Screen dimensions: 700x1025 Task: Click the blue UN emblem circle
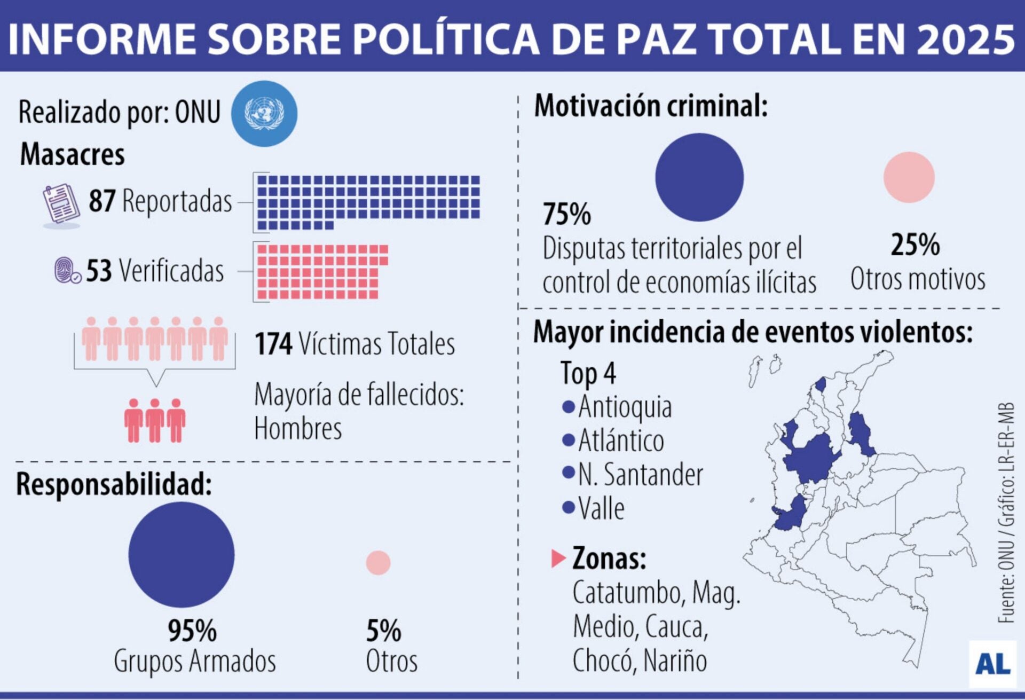pyautogui.click(x=264, y=113)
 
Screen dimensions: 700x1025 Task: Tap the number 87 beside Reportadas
pyautogui.click(x=101, y=201)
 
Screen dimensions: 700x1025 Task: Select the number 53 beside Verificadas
pyautogui.click(x=99, y=271)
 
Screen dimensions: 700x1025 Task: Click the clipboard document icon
pyautogui.click(x=61, y=204)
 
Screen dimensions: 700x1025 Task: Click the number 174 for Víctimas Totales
pyautogui.click(x=273, y=344)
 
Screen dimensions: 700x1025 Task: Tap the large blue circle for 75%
pyautogui.click(x=699, y=177)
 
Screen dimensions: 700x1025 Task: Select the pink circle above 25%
pyautogui.click(x=909, y=177)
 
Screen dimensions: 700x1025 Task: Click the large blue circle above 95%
pyautogui.click(x=182, y=554)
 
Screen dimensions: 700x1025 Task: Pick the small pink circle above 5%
pyautogui.click(x=378, y=563)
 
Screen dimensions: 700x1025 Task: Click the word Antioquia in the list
pyautogui.click(x=625, y=407)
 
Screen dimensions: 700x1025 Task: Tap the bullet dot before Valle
pyautogui.click(x=568, y=507)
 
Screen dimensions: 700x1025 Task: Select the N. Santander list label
pyautogui.click(x=640, y=475)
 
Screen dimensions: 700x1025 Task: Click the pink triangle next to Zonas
pyautogui.click(x=557, y=559)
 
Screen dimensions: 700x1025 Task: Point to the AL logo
pyautogui.click(x=992, y=664)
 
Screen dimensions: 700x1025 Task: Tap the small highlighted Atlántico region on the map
pyautogui.click(x=821, y=384)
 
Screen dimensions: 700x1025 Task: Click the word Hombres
pyautogui.click(x=297, y=429)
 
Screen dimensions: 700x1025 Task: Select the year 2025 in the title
pyautogui.click(x=965, y=38)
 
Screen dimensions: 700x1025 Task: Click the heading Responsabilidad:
pyautogui.click(x=114, y=484)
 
